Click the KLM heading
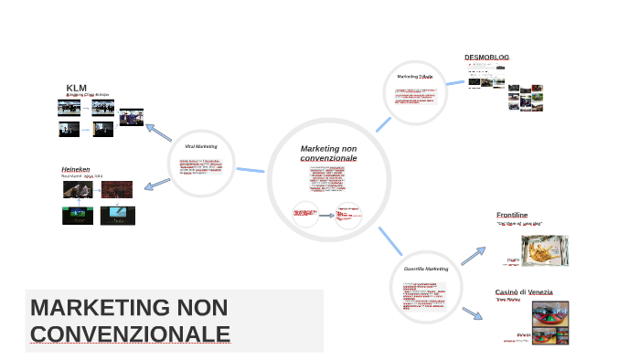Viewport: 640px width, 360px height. click(76, 88)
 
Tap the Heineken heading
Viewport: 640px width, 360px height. click(75, 169)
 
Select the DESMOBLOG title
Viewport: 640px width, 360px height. click(486, 58)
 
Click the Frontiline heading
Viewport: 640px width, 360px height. click(512, 215)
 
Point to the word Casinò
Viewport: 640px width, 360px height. click(507, 292)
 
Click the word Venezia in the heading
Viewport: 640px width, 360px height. click(539, 292)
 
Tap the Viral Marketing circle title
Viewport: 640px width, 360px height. click(200, 146)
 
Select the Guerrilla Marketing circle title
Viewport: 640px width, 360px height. click(426, 270)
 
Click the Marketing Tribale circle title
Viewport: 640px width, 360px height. click(414, 77)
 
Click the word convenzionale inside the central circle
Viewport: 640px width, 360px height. click(328, 158)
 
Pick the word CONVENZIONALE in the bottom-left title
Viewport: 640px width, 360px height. click(130, 334)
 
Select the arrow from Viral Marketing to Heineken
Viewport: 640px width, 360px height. click(157, 184)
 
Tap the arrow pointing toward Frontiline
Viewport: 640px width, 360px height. click(474, 255)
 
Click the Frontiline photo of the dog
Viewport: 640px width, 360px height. click(544, 250)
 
